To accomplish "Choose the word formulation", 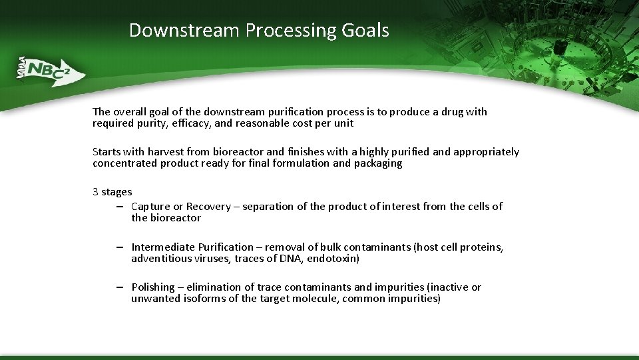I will (x=301, y=163).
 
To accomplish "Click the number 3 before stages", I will (x=96, y=192).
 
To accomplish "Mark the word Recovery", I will (x=208, y=207).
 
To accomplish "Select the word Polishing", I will (x=153, y=287).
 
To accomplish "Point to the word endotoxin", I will (x=334, y=259).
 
